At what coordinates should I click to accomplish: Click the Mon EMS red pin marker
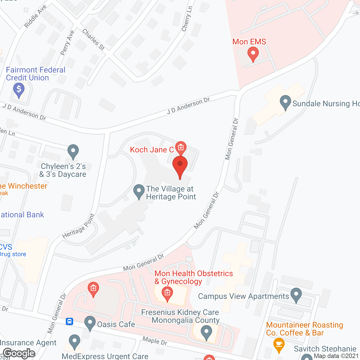click(x=253, y=54)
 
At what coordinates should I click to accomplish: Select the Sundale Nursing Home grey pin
click(x=285, y=102)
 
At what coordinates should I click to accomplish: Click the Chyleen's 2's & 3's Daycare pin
click(x=73, y=152)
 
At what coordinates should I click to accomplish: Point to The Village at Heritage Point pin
click(x=139, y=191)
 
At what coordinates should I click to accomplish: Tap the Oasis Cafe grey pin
click(x=90, y=323)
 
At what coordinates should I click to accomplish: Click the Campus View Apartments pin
click(x=296, y=295)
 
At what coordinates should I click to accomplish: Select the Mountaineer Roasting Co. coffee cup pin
click(x=279, y=345)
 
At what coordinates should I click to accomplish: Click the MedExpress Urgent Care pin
click(x=74, y=341)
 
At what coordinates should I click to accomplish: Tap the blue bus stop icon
click(x=69, y=321)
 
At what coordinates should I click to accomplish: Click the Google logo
click(x=19, y=353)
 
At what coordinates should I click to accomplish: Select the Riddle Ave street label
click(x=35, y=17)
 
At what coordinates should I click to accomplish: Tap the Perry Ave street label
click(x=67, y=42)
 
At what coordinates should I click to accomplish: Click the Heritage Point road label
click(x=78, y=226)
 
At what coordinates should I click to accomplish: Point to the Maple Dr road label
click(x=155, y=341)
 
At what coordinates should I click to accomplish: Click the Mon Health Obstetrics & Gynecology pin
click(x=167, y=294)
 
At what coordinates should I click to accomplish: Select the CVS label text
click(x=6, y=247)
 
